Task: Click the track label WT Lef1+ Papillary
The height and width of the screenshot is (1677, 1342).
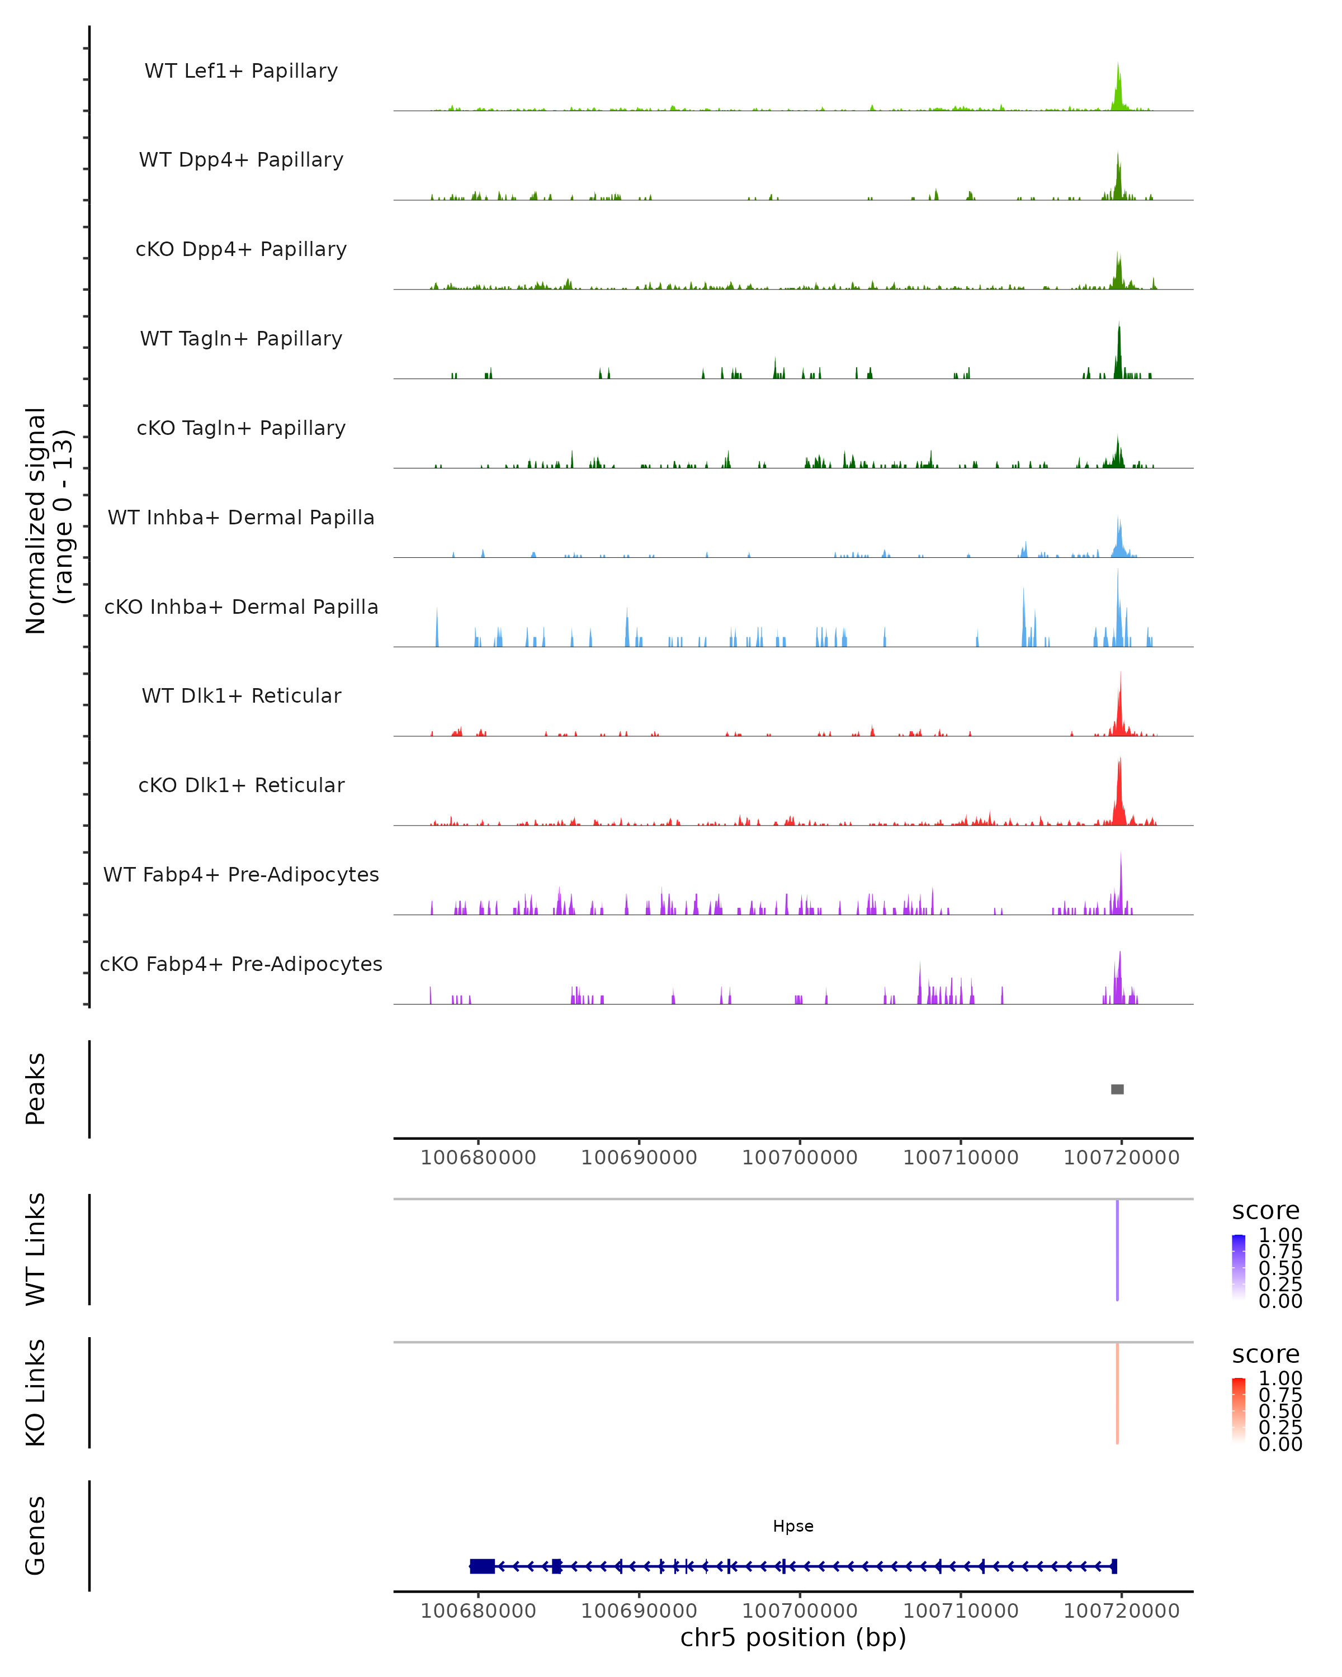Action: [x=241, y=71]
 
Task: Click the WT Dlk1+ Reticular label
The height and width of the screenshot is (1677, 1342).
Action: [x=241, y=695]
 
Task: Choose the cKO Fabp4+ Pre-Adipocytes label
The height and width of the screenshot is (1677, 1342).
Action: [x=241, y=964]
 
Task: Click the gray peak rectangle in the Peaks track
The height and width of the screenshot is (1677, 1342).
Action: [x=1117, y=1089]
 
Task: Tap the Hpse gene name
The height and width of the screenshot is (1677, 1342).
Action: [x=793, y=1526]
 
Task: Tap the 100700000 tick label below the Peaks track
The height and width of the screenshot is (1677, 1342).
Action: [x=800, y=1158]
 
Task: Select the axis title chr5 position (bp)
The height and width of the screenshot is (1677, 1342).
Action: [x=793, y=1637]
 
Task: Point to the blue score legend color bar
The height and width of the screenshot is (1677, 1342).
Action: [x=1239, y=1266]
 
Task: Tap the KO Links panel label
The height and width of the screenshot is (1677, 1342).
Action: [x=36, y=1392]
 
